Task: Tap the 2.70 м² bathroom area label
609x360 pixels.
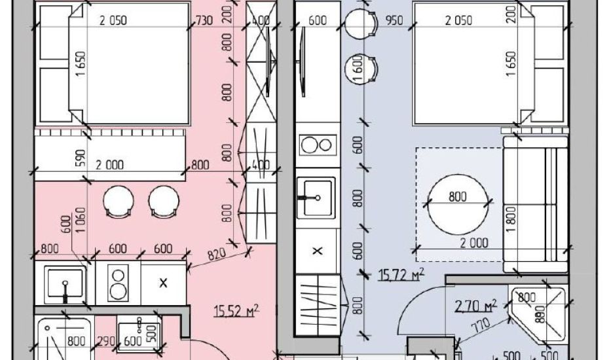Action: click(x=476, y=306)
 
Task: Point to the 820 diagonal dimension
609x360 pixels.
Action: click(x=217, y=255)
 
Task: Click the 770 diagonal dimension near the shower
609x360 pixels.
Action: click(x=481, y=326)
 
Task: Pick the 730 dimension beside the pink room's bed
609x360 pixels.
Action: click(x=204, y=20)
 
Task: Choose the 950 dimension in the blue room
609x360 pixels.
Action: click(x=394, y=20)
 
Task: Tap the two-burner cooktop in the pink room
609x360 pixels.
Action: click(x=118, y=283)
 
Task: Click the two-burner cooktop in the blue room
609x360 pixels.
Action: click(x=318, y=145)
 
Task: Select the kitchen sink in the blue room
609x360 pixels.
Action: click(x=316, y=198)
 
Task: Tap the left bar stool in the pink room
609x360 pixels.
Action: click(x=119, y=202)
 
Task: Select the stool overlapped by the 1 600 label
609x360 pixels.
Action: click(x=361, y=68)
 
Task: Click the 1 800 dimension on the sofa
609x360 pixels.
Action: click(x=511, y=219)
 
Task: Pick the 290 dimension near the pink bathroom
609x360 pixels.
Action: click(x=106, y=341)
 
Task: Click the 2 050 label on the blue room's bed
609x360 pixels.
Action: click(x=458, y=20)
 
